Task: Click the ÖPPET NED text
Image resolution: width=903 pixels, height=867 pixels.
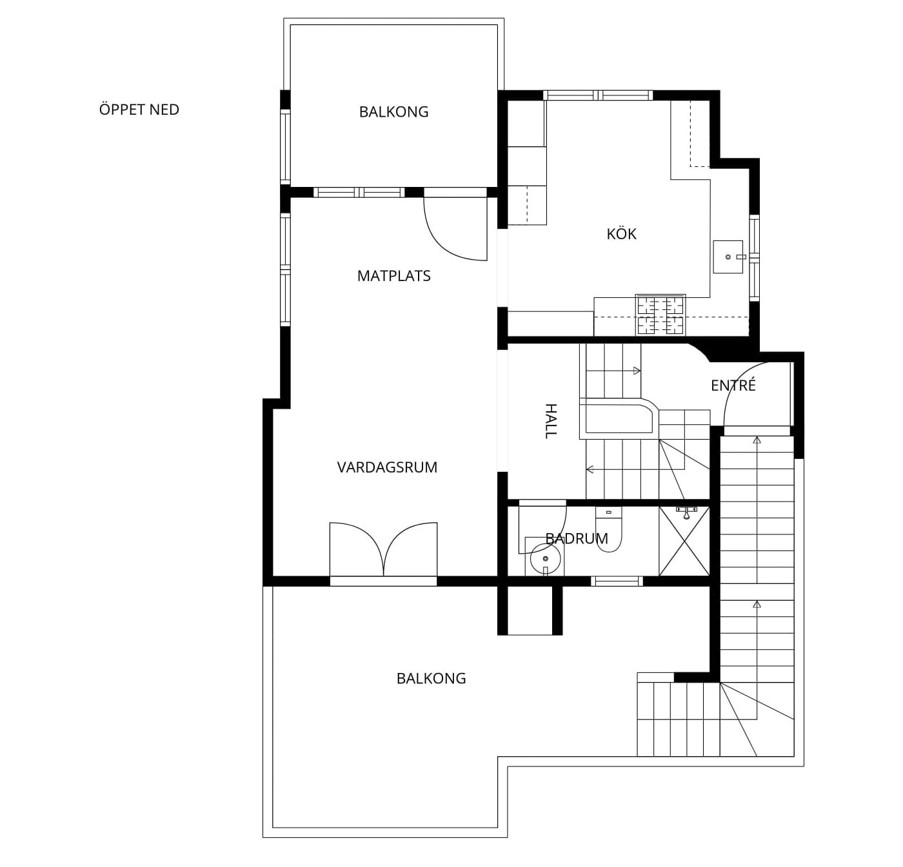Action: (x=139, y=110)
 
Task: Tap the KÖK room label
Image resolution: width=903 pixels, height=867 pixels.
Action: (x=621, y=234)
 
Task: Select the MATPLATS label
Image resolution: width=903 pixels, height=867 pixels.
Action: (x=394, y=276)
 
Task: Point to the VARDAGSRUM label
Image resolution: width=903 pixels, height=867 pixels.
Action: (x=387, y=467)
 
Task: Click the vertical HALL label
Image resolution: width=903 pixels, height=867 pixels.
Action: (x=550, y=421)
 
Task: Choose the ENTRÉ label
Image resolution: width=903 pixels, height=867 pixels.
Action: (x=733, y=385)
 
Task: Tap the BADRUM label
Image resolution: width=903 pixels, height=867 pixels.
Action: (x=577, y=538)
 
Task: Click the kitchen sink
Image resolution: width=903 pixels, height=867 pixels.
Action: (x=728, y=257)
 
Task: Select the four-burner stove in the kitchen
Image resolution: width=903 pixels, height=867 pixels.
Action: (x=660, y=315)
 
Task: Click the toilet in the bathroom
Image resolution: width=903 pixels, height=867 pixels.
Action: (x=608, y=529)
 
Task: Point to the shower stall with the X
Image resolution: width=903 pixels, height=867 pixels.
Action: (x=684, y=541)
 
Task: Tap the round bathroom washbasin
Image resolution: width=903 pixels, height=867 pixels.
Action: (x=546, y=559)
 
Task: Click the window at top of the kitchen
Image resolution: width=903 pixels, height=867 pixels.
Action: (x=598, y=95)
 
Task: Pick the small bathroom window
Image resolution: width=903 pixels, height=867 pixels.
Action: (x=617, y=581)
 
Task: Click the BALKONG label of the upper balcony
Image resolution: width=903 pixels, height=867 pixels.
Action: (x=394, y=112)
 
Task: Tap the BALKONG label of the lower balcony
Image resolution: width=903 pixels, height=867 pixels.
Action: (x=431, y=679)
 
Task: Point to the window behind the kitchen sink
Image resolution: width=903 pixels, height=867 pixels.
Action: (x=755, y=257)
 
